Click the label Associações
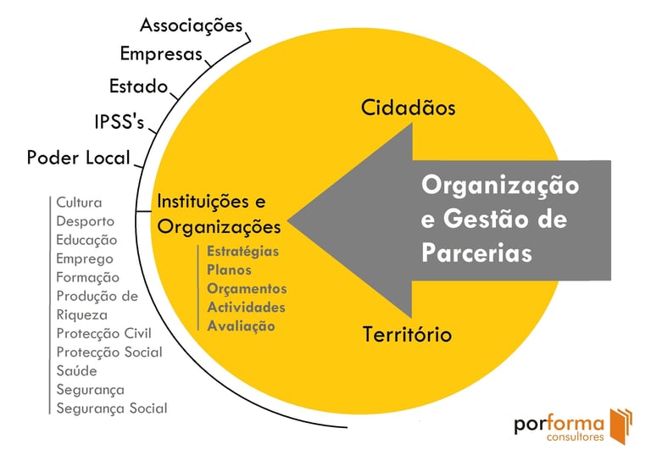coord(191,25)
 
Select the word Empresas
coord(161,55)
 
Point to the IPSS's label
coord(120,122)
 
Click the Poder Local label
coord(78,158)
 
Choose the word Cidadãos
coord(409,108)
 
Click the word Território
coord(407,334)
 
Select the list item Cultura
coord(79,203)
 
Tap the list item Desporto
coord(86,221)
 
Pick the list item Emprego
coord(85,258)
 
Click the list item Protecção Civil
coord(103,333)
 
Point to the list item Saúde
coord(76,370)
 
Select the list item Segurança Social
coord(112,408)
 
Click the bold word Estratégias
coord(243,252)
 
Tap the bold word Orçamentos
coord(247,289)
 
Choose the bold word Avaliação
coord(241,326)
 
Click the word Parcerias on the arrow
coord(476,253)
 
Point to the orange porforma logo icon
coord(620,425)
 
